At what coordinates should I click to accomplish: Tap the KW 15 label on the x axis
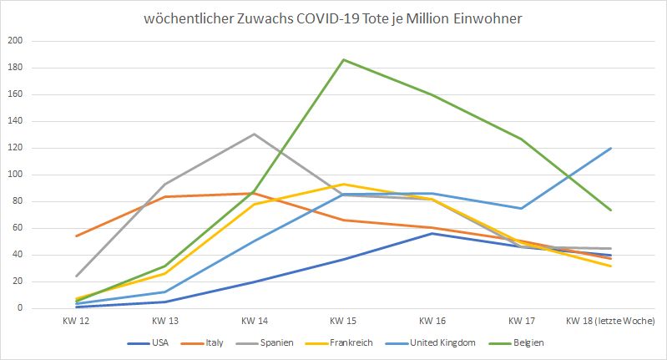coord(343,322)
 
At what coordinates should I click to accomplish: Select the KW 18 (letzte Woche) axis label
coord(610,322)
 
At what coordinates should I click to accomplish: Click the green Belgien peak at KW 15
coord(343,59)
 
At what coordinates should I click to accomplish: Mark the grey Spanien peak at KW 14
coord(254,134)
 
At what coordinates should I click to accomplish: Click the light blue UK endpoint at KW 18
coord(611,148)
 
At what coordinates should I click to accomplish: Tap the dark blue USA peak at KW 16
coord(432,233)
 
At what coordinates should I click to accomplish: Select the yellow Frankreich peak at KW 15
coord(343,184)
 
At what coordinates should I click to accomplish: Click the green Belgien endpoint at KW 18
coord(611,210)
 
